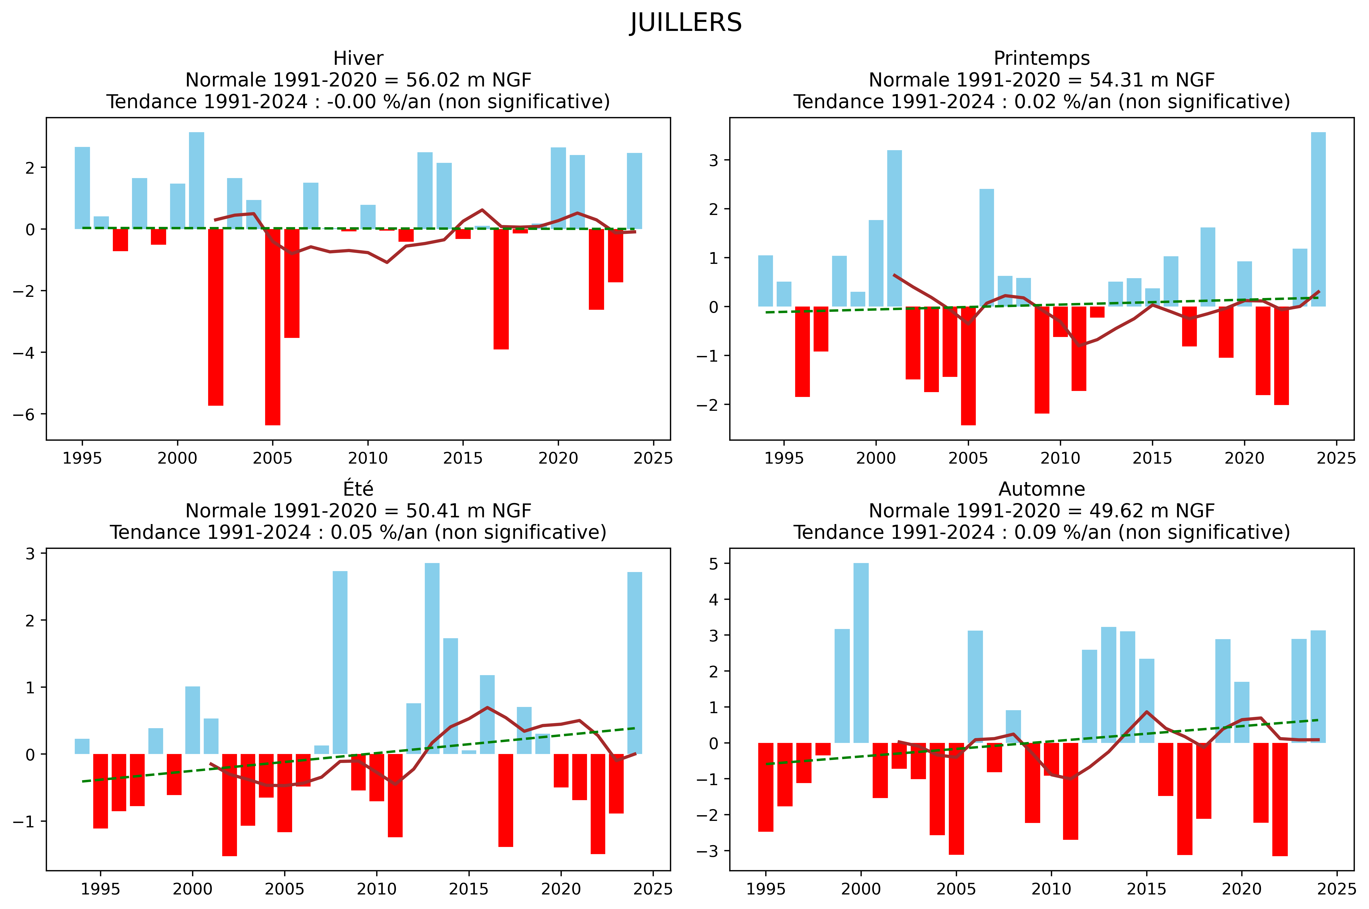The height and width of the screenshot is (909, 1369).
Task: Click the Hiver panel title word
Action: pyautogui.click(x=358, y=59)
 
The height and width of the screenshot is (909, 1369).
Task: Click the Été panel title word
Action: pyautogui.click(x=358, y=489)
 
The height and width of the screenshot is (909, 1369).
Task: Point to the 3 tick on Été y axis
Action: pyautogui.click(x=30, y=554)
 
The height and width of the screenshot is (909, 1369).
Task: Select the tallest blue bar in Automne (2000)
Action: pyautogui.click(x=861, y=653)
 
